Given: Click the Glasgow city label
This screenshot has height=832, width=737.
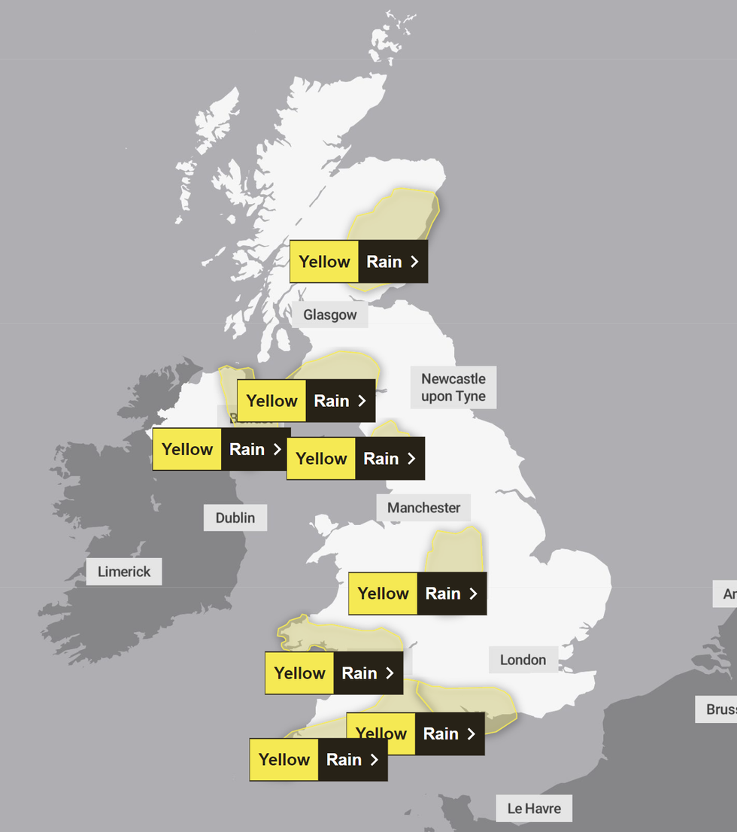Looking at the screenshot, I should click(x=329, y=314).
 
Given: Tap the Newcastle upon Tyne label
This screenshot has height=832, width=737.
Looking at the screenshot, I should click(x=453, y=387).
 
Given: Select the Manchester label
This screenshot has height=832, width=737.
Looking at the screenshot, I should click(x=423, y=508).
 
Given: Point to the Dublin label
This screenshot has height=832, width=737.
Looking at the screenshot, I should click(x=235, y=518).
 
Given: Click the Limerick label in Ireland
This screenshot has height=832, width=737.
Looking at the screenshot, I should click(x=124, y=572).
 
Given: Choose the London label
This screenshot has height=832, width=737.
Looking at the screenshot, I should click(x=523, y=660).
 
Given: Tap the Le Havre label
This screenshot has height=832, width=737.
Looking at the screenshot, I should click(x=533, y=809).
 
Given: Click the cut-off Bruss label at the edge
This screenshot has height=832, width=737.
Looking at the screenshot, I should click(x=720, y=709).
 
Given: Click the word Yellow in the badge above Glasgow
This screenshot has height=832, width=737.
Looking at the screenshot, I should click(x=324, y=262).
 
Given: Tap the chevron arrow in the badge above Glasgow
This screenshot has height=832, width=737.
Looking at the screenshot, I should click(x=414, y=262).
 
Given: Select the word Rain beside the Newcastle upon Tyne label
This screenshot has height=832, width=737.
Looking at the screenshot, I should click(x=331, y=401).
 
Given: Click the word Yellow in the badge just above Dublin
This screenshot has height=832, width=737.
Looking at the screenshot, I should click(x=187, y=450).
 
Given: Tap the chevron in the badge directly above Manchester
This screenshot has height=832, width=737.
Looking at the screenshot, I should click(x=411, y=459).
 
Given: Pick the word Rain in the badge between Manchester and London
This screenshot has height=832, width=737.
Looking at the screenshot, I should click(x=442, y=594).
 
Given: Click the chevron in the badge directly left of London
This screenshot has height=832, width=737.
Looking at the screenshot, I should click(x=390, y=673).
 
